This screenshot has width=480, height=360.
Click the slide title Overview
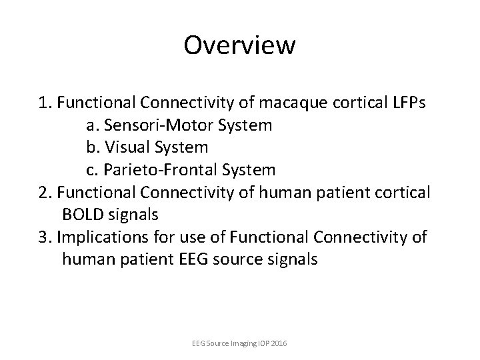pos(239,45)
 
